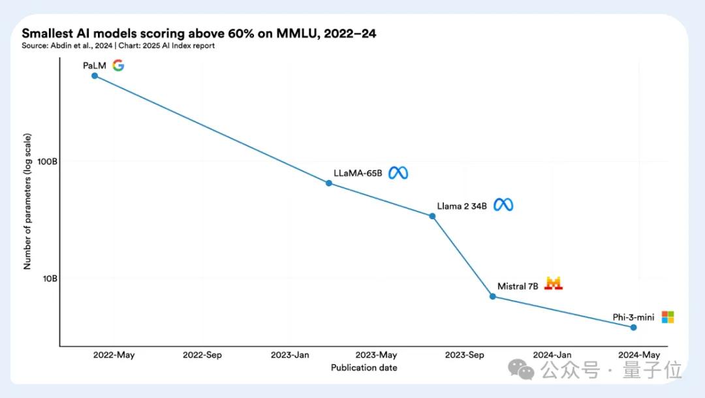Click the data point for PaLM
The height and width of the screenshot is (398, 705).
95,76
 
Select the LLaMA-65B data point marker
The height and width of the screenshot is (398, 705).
329,183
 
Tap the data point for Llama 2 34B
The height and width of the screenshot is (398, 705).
432,216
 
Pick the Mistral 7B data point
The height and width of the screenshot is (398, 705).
493,296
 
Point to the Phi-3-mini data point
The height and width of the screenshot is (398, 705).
633,327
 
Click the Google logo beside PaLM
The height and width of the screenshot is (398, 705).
118,65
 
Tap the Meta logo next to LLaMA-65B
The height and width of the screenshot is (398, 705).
398,173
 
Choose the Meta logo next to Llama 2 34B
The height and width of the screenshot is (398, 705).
503,205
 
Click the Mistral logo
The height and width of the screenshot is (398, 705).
554,284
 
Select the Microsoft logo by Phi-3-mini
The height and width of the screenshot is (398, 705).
667,317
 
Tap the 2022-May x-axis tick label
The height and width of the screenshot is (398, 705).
114,355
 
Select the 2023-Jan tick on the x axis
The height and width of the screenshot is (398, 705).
290,355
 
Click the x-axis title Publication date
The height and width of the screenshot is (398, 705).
364,367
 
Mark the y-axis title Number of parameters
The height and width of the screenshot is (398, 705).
28,201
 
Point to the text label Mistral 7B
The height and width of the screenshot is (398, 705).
518,286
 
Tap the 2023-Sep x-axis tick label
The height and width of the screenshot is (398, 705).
465,355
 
